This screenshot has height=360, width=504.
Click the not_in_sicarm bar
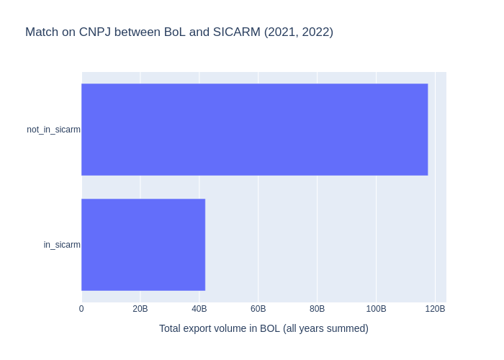[254, 130]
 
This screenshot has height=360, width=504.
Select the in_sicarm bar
[143, 245]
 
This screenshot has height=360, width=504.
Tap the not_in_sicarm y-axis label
[53, 130]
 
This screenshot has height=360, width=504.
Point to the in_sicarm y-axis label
[62, 245]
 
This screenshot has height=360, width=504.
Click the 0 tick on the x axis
[81, 309]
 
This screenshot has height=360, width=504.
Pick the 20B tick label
[140, 309]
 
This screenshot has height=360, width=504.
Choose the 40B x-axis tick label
[199, 309]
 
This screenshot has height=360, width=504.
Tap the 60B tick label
[258, 309]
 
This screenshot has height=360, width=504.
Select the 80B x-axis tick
[318, 309]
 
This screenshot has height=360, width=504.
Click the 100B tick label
[376, 309]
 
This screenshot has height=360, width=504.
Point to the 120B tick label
[435, 309]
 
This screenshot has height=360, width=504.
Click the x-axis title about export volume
[264, 328]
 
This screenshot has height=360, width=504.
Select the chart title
[179, 32]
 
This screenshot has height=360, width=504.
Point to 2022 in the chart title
[315, 32]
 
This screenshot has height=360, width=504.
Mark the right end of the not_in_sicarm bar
[427, 130]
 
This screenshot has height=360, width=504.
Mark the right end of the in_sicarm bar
[204, 245]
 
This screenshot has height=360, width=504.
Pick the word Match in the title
[41, 32]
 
